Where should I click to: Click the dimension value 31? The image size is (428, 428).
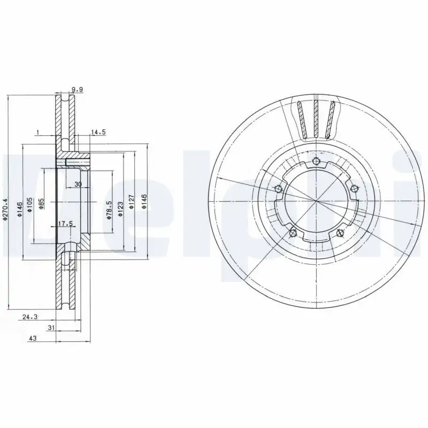[x=51, y=327]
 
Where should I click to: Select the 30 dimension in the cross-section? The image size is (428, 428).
[x=78, y=184]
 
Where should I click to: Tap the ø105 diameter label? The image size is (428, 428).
[x=30, y=206]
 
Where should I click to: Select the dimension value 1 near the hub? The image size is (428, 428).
[x=37, y=132]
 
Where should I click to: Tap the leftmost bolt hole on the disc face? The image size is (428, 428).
[x=277, y=188]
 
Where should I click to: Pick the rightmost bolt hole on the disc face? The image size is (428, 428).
[x=354, y=188]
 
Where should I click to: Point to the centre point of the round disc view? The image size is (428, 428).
[x=316, y=202]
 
